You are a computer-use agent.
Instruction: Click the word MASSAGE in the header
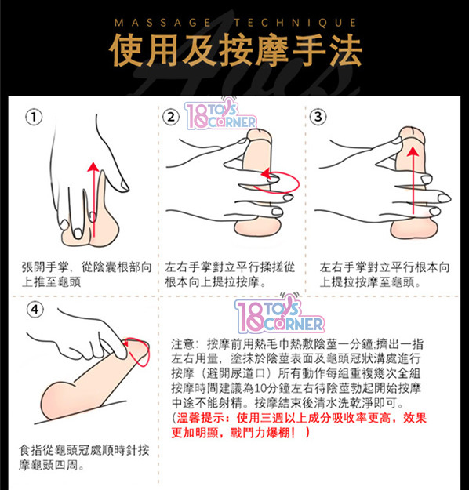pos(163,23)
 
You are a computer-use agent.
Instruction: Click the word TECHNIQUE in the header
pos(296,23)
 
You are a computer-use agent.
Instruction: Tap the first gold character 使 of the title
pos(126,50)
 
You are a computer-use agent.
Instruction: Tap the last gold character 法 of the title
pos(345,50)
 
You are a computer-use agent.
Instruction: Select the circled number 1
pos(34,117)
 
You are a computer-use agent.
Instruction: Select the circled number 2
pos(171,117)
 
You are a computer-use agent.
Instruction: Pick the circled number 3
pos(318,117)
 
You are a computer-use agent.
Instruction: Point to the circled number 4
pos(35,310)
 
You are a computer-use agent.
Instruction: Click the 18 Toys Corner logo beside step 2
pos(220,114)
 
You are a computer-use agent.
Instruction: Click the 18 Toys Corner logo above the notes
pos(279,314)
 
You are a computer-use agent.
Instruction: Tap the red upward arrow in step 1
pos(93,200)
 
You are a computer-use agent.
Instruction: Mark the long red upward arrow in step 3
pos(413,180)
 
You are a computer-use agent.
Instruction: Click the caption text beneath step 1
pos(86,274)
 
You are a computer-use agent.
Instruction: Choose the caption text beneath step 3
pos(384,274)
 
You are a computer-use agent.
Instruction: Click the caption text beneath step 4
pos(84,458)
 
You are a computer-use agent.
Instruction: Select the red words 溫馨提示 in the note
pos(201,418)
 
